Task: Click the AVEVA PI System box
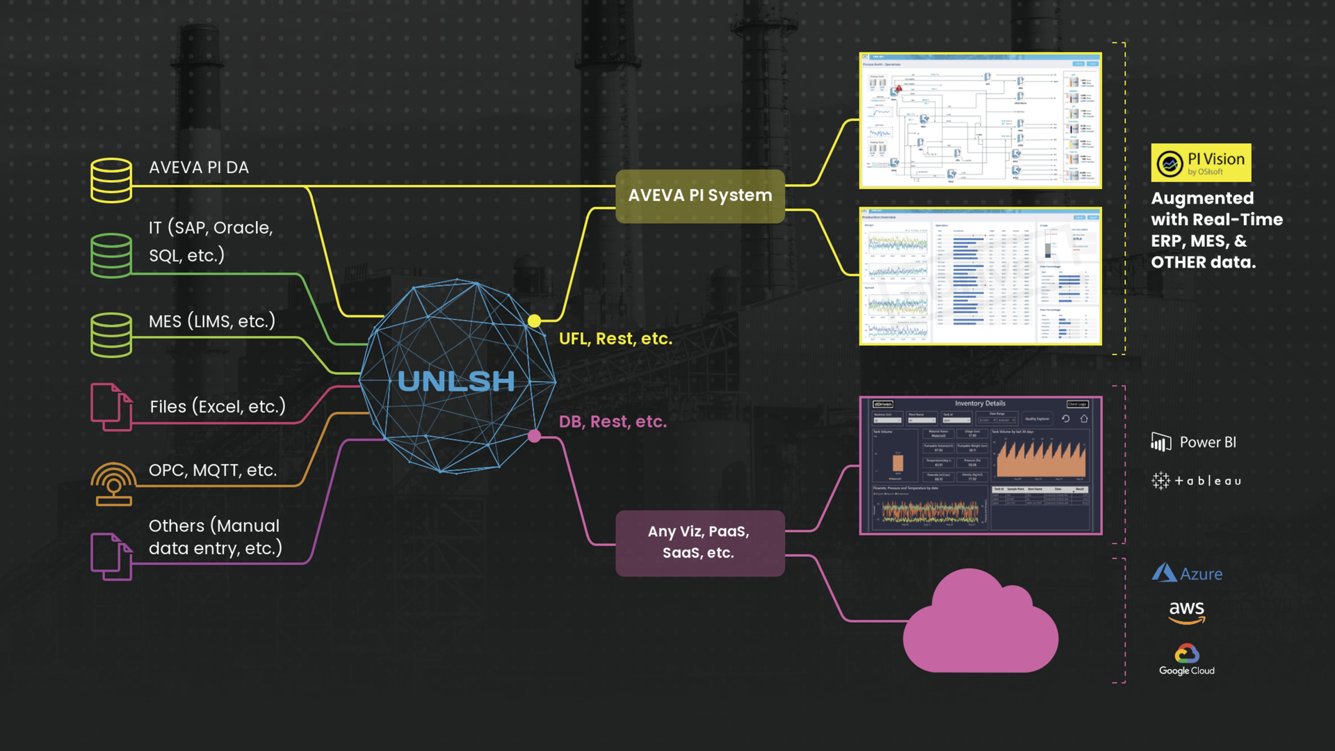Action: coord(699,196)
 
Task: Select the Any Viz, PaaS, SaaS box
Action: coord(699,542)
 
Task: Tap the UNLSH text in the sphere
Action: coord(456,381)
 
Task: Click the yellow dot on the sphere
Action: coord(534,321)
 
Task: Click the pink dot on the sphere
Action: coord(534,436)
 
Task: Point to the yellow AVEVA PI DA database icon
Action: coord(111,180)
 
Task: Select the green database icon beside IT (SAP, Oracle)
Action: coord(111,255)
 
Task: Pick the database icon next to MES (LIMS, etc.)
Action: coord(111,334)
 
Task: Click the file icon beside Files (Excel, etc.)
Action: coord(111,407)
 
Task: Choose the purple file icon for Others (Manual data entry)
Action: coord(111,556)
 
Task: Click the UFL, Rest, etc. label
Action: coord(615,339)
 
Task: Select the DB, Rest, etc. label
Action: coord(613,421)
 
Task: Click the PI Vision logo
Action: coord(1201,163)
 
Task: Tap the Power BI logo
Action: coord(1194,442)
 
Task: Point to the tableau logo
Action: coord(1196,481)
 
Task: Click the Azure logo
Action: coord(1187,574)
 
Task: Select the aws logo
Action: coord(1186,612)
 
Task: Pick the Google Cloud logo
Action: coord(1186,659)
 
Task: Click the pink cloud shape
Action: coord(980,626)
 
